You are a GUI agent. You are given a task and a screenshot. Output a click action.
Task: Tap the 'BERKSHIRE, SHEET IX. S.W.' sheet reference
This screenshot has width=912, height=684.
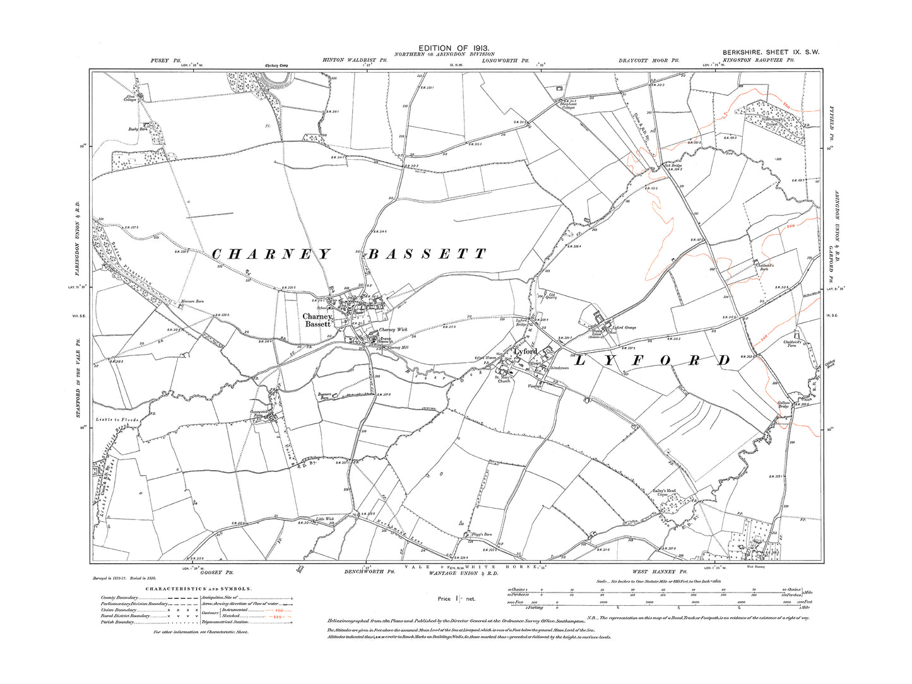[771, 52]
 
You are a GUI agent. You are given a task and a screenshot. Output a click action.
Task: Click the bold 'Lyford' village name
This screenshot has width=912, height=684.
[525, 351]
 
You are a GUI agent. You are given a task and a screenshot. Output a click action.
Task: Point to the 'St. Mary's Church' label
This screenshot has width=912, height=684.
[504, 379]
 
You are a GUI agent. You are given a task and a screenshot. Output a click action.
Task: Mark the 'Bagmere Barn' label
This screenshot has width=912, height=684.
[325, 396]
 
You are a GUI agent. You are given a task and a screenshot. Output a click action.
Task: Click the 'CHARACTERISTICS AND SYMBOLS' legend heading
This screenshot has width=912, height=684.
[199, 589]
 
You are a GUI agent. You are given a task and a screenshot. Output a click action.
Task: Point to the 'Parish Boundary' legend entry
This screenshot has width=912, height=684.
[117, 622]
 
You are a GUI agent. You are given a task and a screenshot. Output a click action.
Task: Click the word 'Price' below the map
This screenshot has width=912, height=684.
[445, 598]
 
